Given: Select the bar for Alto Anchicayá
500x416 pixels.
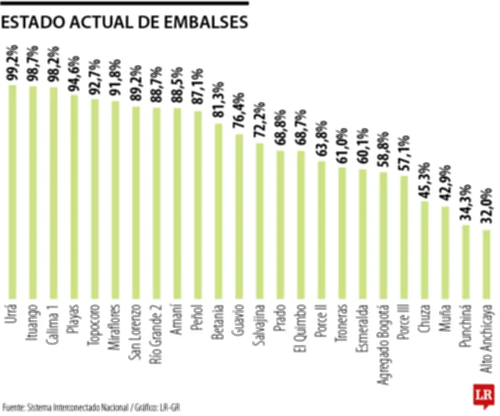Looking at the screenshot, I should pyautogui.click(x=486, y=263).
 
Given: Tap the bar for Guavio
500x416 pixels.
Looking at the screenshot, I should pyautogui.click(x=239, y=215).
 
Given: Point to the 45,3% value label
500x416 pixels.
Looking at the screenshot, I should pyautogui.click(x=424, y=181).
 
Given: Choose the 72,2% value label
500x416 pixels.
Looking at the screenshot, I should pyautogui.click(x=259, y=122).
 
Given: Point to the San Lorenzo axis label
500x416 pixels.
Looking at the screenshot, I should pyautogui.click(x=136, y=332).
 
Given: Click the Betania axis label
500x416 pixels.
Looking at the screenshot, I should pyautogui.click(x=218, y=325).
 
